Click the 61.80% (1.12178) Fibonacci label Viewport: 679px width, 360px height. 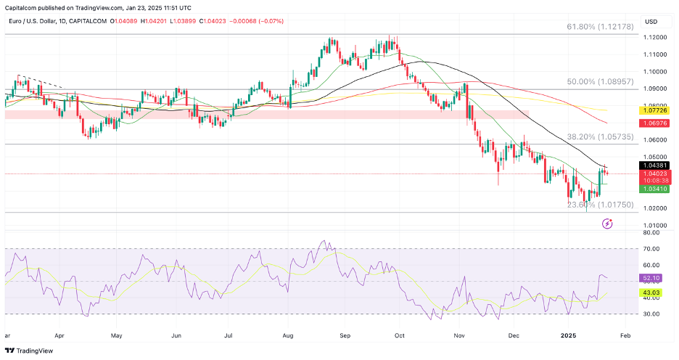[x=601, y=27]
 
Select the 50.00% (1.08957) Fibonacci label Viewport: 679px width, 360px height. [x=601, y=82]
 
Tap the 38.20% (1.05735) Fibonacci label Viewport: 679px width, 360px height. [x=601, y=136]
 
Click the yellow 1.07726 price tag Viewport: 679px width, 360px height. [x=654, y=110]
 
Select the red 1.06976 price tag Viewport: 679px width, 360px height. [x=654, y=123]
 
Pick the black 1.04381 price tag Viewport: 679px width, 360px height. [x=654, y=165]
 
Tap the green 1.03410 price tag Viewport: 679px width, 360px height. [x=654, y=189]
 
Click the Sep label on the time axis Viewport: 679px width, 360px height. [x=345, y=337]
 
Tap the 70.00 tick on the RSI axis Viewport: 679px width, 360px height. [x=651, y=249]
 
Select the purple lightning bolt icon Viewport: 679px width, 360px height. [x=607, y=224]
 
